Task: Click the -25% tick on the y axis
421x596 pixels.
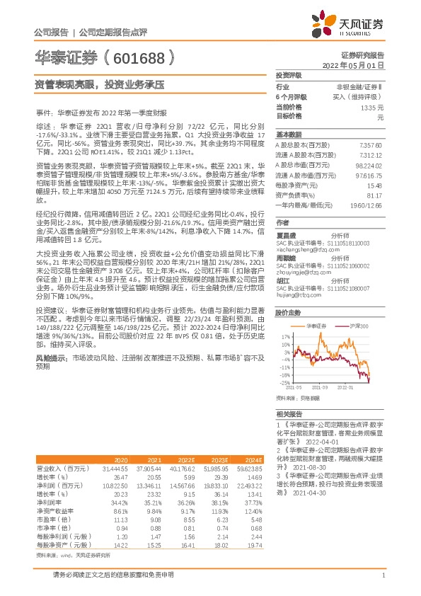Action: pos(286,383)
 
